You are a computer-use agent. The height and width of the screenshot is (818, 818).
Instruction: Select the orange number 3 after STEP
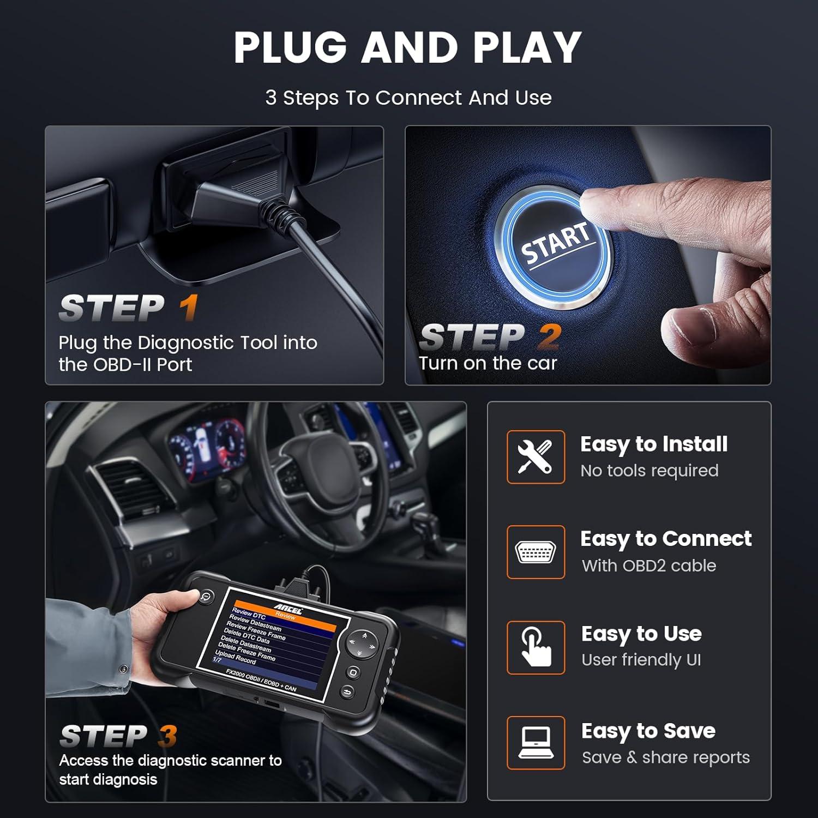(x=167, y=736)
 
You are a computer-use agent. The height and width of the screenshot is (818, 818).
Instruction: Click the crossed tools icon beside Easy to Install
(x=535, y=457)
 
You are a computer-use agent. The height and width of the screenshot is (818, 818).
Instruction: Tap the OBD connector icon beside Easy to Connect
(x=535, y=552)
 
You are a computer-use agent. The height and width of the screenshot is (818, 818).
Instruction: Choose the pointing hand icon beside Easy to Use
(x=535, y=647)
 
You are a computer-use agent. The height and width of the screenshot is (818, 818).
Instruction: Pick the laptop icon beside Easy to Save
(x=535, y=743)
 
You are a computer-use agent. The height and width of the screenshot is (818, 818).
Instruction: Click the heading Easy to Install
(x=653, y=444)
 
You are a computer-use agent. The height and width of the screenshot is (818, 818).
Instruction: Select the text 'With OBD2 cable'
(x=648, y=566)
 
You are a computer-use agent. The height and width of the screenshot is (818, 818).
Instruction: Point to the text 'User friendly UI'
(x=641, y=660)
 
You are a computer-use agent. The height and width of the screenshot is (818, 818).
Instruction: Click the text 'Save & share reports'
(x=665, y=757)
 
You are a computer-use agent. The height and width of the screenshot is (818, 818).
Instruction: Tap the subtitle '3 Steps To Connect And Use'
(x=408, y=98)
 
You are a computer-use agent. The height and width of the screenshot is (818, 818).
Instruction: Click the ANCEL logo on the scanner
(x=287, y=609)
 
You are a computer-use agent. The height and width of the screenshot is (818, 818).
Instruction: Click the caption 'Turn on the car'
(x=488, y=363)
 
